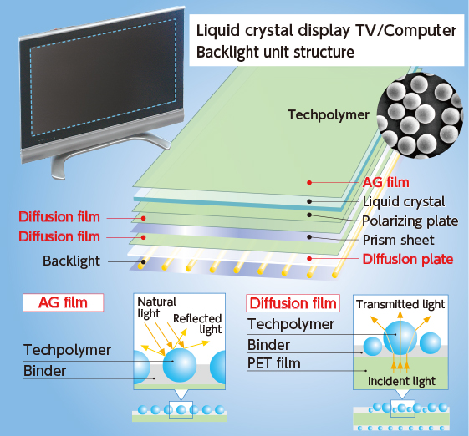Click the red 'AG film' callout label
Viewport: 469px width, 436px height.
click(x=386, y=182)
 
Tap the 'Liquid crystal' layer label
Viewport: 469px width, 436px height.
click(x=404, y=202)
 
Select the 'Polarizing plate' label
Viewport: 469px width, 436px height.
click(x=410, y=221)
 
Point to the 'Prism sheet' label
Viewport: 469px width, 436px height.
click(x=398, y=240)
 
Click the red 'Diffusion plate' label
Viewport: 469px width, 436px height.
click(x=408, y=259)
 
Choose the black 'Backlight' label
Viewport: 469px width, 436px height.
click(x=71, y=261)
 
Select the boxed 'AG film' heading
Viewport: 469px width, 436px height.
click(x=63, y=302)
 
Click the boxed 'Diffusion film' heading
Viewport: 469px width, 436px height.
click(x=293, y=303)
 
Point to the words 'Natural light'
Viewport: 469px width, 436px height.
click(x=156, y=307)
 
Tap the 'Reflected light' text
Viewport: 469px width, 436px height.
click(x=197, y=324)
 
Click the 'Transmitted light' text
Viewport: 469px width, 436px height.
click(x=400, y=304)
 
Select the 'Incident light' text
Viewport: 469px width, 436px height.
click(x=401, y=382)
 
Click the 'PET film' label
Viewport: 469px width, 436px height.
click(x=273, y=363)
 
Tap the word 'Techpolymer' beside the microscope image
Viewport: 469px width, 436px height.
click(x=328, y=114)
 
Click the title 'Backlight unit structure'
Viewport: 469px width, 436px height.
click(x=275, y=53)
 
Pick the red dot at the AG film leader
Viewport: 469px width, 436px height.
click(x=309, y=183)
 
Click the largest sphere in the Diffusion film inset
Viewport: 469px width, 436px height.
click(x=400, y=337)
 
